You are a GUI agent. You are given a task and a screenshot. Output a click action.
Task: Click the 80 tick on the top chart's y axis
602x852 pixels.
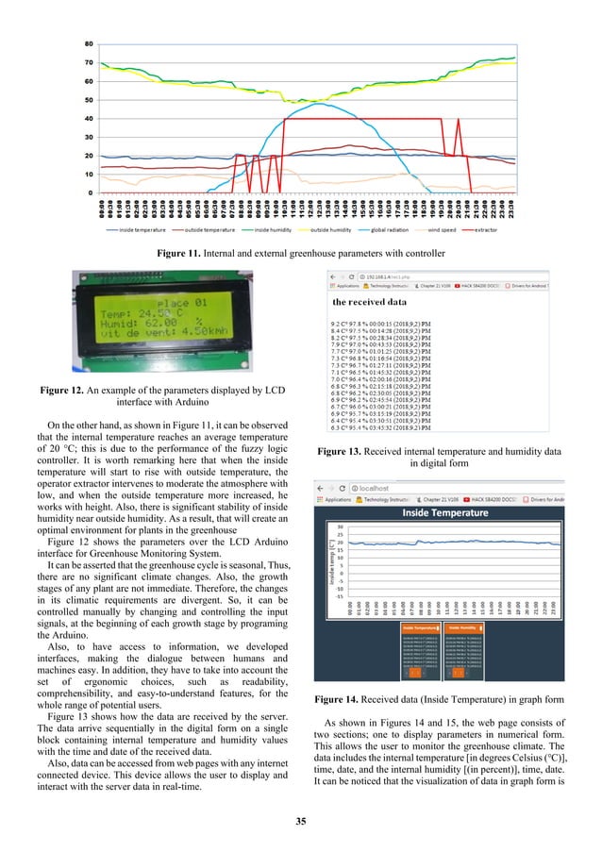tap(88, 44)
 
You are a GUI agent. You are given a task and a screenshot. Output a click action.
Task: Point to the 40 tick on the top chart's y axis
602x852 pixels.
tap(88, 119)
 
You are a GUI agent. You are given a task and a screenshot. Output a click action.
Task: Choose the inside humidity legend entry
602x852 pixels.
tap(267, 228)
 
